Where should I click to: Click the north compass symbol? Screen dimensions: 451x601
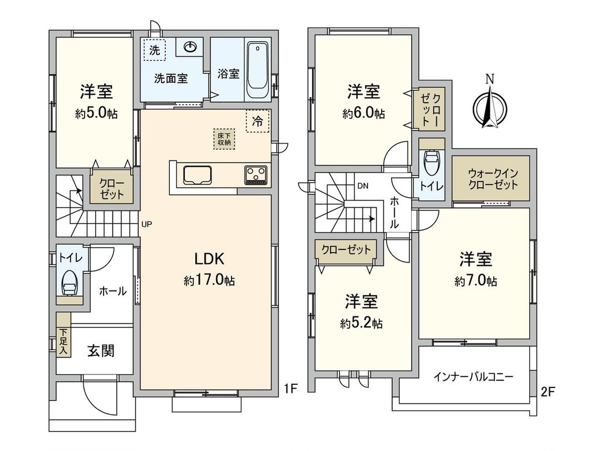[x=489, y=106]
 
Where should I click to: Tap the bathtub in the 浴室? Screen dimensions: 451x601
[x=258, y=70]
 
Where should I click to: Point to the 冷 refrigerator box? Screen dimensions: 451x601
[x=257, y=121]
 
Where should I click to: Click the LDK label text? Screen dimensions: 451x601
[x=209, y=258]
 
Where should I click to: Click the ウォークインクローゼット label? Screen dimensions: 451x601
[x=490, y=178]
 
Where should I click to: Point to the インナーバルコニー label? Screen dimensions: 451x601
[x=473, y=376]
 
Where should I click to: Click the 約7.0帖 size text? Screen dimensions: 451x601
[x=475, y=281]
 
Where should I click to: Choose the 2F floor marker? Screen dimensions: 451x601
[x=548, y=391]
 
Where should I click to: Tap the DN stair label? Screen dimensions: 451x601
[x=363, y=185]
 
